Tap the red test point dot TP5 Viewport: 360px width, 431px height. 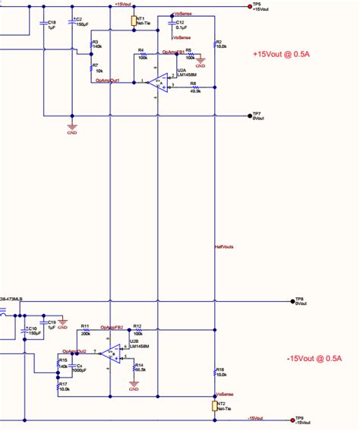(x=250, y=6)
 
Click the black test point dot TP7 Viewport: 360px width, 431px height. (x=250, y=116)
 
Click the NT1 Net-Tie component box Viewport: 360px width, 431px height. (x=134, y=21)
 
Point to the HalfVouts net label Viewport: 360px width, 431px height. (x=225, y=247)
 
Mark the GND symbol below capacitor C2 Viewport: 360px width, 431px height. (x=72, y=128)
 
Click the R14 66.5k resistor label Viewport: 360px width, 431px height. (x=139, y=367)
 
